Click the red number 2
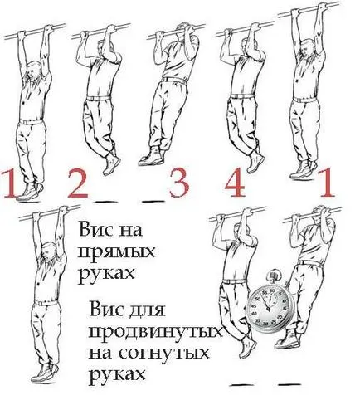(x=78, y=183)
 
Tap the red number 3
(x=179, y=183)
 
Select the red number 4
(x=235, y=183)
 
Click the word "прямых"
(x=116, y=252)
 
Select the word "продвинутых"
(x=156, y=331)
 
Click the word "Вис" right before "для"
(x=107, y=309)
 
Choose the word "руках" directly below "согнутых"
(x=117, y=375)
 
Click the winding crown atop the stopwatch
(x=274, y=276)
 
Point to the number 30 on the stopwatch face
(x=266, y=324)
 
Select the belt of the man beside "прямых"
(x=46, y=303)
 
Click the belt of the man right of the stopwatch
(x=310, y=263)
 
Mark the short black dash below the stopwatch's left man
(x=241, y=384)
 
